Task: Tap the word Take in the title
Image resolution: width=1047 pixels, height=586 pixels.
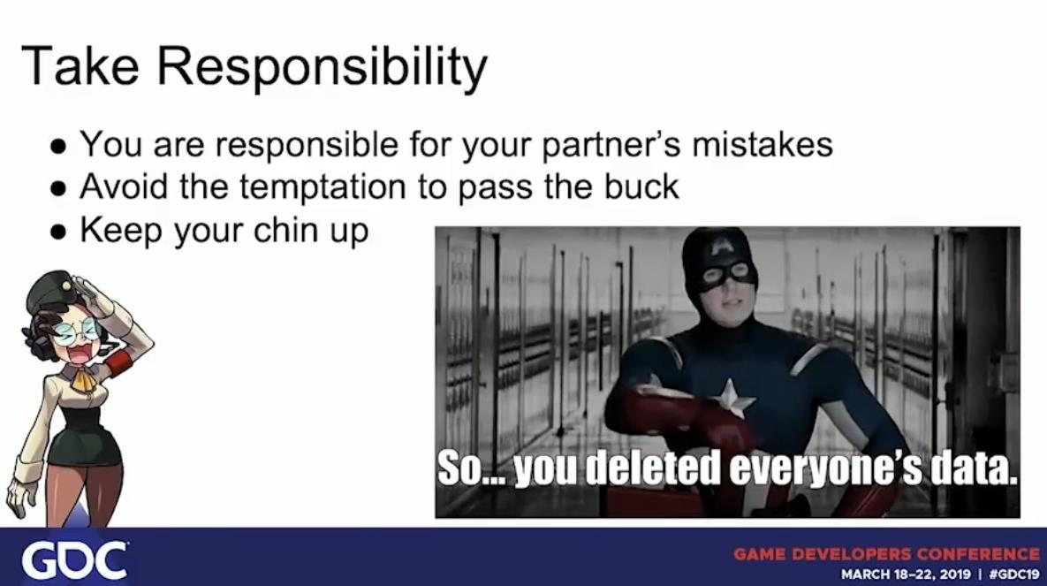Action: [x=80, y=65]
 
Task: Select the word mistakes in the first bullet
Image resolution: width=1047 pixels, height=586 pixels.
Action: [x=762, y=144]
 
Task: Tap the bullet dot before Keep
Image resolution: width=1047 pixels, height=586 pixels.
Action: [x=59, y=232]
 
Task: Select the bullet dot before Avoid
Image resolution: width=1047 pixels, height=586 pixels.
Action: [x=59, y=189]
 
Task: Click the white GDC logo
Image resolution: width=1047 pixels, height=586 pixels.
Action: [x=74, y=560]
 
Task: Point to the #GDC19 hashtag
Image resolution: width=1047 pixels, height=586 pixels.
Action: [x=1014, y=574]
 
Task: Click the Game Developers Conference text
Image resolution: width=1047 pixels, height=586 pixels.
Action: [x=887, y=554]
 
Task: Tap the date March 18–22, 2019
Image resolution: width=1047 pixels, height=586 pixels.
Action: [x=905, y=574]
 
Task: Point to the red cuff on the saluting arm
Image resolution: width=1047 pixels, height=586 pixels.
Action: [x=118, y=363]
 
